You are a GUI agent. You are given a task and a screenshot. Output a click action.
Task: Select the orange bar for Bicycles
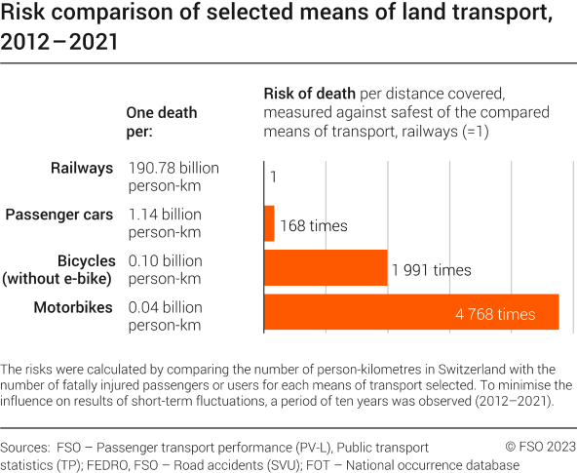(x=326, y=269)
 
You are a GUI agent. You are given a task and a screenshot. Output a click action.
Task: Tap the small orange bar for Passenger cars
(x=270, y=223)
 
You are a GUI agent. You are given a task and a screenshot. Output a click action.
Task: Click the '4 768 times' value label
(x=495, y=315)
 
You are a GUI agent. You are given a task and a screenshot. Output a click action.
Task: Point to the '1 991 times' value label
(x=431, y=270)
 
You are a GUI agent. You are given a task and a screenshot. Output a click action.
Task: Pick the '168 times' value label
(x=314, y=225)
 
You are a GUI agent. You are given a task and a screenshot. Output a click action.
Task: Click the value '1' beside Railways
(x=274, y=177)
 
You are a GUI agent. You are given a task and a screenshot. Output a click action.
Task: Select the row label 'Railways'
(x=83, y=169)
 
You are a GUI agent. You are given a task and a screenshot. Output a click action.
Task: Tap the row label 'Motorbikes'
(x=75, y=308)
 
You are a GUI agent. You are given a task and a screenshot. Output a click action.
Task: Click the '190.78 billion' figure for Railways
(x=173, y=169)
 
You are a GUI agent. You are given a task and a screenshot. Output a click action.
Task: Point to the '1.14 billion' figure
(x=166, y=214)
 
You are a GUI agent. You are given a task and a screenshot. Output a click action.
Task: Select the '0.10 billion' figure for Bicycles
(x=166, y=261)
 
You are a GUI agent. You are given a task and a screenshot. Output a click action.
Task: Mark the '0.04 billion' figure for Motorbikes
(x=166, y=308)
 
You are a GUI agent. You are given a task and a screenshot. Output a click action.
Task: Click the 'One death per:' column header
(x=162, y=122)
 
